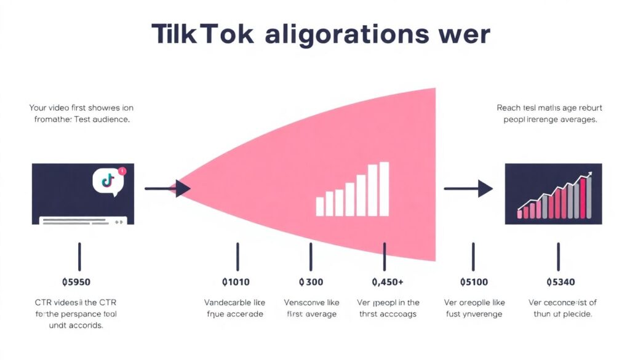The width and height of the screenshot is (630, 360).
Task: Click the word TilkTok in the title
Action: click(202, 34)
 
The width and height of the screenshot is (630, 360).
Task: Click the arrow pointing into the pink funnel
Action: click(167, 188)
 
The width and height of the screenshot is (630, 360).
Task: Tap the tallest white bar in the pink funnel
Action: click(384, 189)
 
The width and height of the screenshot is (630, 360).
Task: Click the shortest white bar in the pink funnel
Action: click(319, 206)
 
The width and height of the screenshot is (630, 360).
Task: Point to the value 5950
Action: click(76, 282)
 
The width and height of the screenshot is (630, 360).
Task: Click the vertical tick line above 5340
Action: click(559, 256)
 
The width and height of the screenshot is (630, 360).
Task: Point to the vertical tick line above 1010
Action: click(237, 256)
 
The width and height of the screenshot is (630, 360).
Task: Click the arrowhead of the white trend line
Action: click(589, 175)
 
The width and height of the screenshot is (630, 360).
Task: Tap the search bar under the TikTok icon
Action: click(83, 220)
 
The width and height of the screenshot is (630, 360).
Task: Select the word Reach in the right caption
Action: click(508, 108)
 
